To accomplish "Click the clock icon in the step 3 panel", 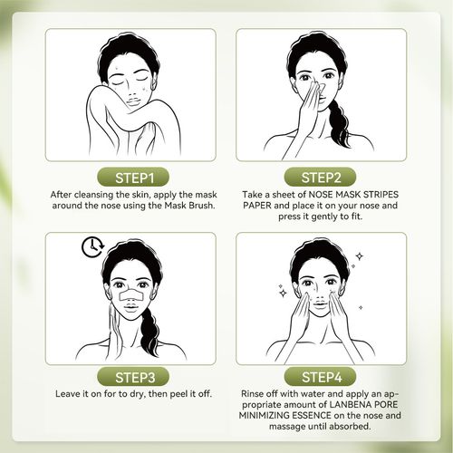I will [91, 247].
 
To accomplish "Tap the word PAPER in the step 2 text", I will [263, 207].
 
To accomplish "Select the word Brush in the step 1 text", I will [196, 207].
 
